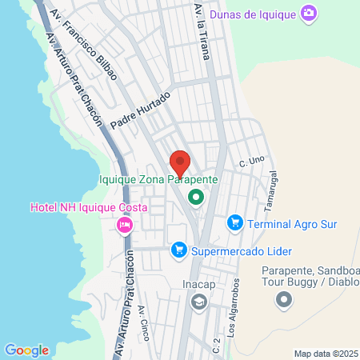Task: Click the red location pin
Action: [180, 163]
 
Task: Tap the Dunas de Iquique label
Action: [252, 14]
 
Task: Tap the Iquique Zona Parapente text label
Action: [158, 180]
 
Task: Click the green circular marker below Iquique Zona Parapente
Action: [195, 195]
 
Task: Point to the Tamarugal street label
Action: [273, 185]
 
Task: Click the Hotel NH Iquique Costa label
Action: [75, 208]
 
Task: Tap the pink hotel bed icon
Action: [124, 225]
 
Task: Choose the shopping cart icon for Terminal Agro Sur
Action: [234, 222]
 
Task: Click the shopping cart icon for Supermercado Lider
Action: [179, 250]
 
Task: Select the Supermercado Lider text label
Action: [234, 251]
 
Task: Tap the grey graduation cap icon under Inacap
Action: [198, 302]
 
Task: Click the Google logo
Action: [26, 350]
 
